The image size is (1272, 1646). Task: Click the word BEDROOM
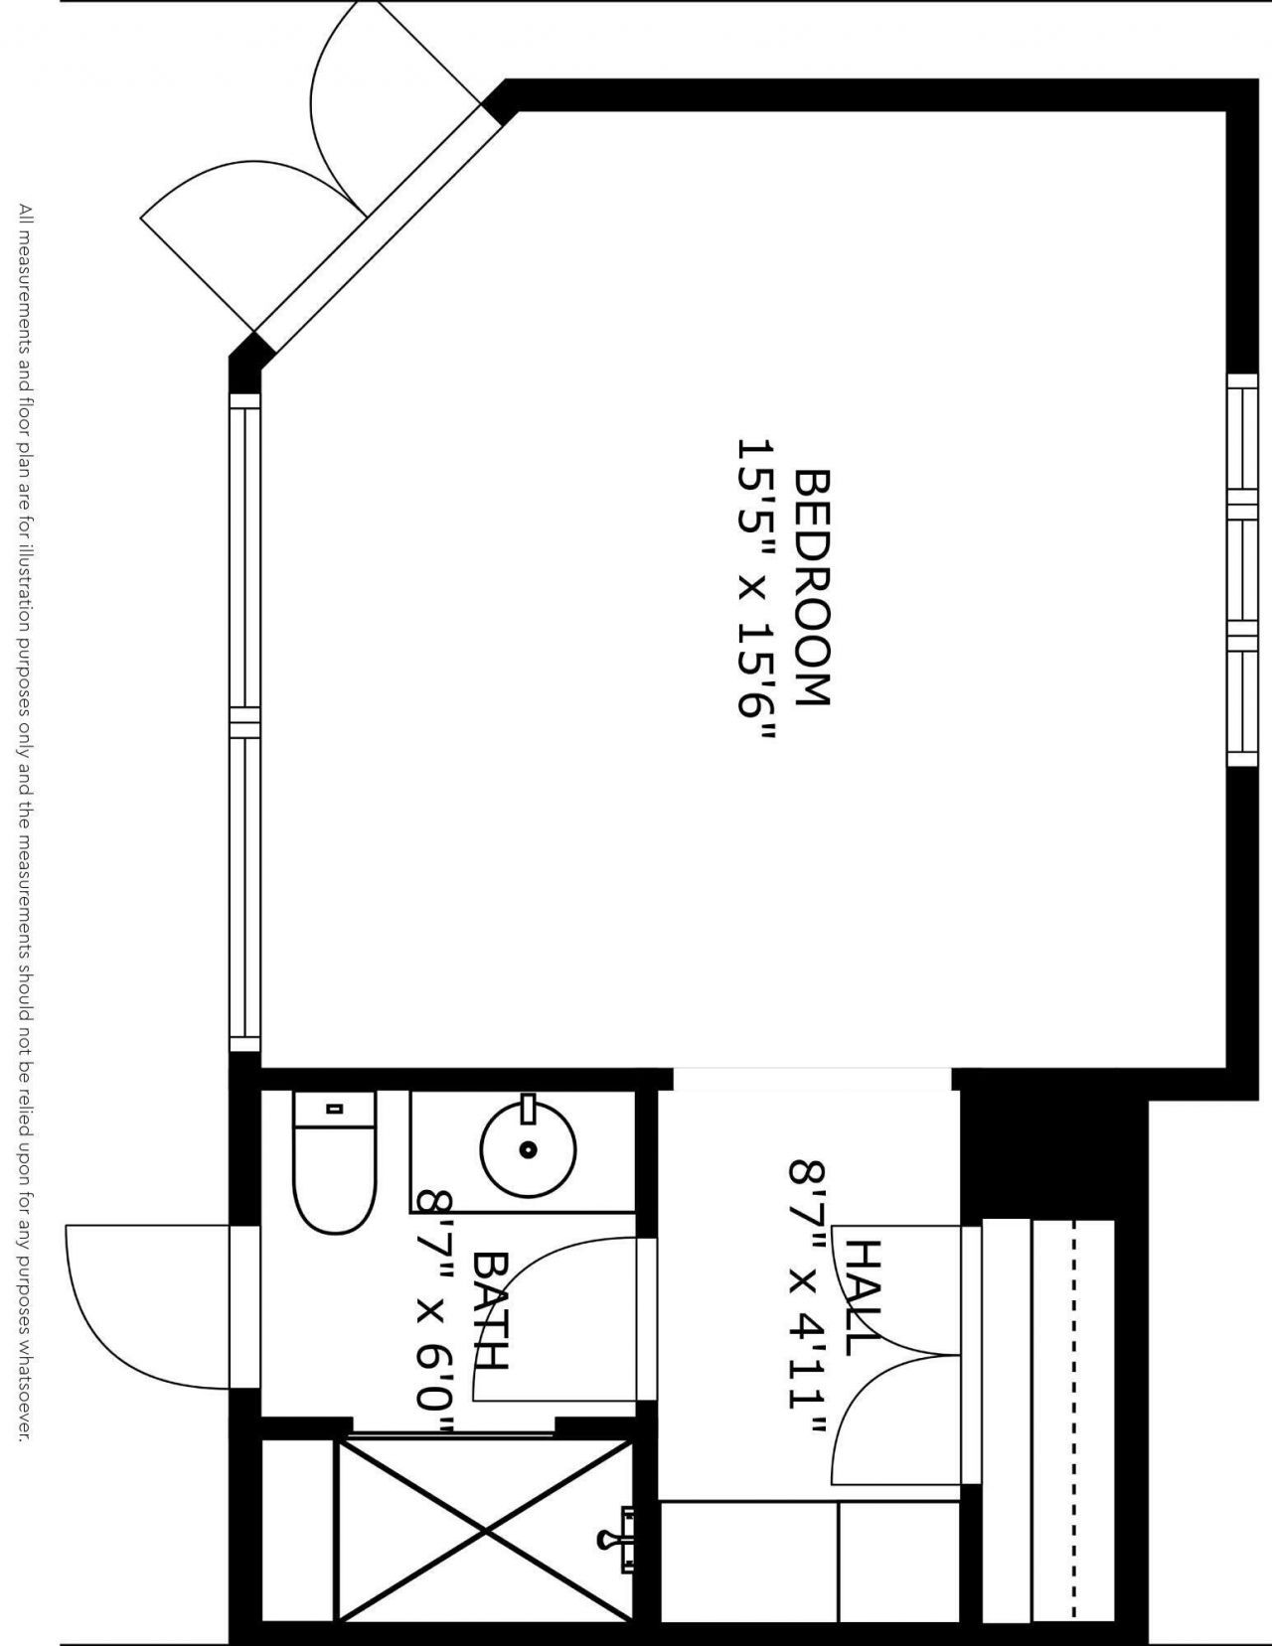(813, 587)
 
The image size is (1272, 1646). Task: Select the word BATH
(491, 1310)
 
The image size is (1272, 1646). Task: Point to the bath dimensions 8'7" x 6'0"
(434, 1311)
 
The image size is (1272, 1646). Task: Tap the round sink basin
(528, 1149)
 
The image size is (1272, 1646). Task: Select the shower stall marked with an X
(484, 1528)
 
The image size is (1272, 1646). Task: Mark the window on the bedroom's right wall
(1242, 569)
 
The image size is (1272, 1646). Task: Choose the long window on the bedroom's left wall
(244, 722)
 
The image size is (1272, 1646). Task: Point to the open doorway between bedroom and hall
(812, 1080)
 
